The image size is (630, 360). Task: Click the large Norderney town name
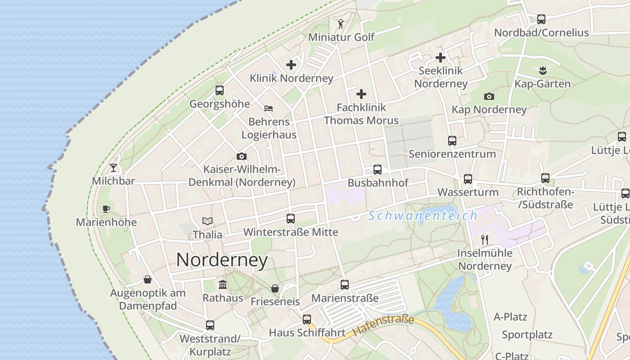click(x=222, y=260)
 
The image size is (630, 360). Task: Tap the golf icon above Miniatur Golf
click(x=341, y=24)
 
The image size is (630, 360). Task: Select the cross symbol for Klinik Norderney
click(x=291, y=65)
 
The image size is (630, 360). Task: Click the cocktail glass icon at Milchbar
click(x=113, y=168)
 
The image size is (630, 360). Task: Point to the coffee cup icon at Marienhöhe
click(x=106, y=209)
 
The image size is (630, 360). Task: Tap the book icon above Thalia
click(x=207, y=221)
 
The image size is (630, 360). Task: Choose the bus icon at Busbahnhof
click(x=378, y=170)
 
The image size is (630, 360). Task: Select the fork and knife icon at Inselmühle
click(x=485, y=239)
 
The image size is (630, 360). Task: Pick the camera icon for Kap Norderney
click(x=489, y=96)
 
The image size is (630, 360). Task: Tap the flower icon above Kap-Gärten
click(x=542, y=70)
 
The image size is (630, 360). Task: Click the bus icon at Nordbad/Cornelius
click(x=541, y=19)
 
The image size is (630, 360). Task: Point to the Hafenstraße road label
click(x=383, y=326)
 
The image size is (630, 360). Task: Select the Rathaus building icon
click(x=222, y=284)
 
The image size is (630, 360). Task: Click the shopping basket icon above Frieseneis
click(x=275, y=288)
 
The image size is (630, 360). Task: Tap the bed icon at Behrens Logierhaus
click(x=269, y=108)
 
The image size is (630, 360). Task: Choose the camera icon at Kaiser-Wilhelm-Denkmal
click(x=242, y=156)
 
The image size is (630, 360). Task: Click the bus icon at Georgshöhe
click(x=220, y=90)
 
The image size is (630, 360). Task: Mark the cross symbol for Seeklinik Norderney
click(x=441, y=58)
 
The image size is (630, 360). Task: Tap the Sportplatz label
click(x=527, y=335)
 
